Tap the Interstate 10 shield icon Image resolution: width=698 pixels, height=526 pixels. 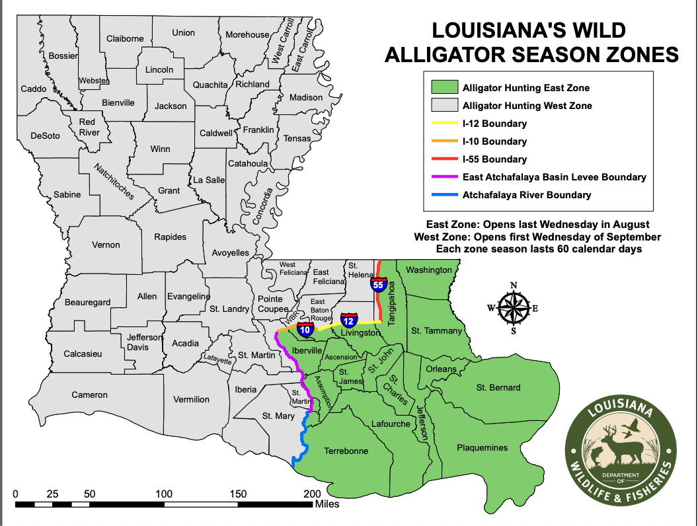coord(305,329)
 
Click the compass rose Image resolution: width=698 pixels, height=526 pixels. coord(513,308)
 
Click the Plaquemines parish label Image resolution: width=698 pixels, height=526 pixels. coord(483,448)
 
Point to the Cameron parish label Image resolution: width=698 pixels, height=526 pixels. coord(89,395)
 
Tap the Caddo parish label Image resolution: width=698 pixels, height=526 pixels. coord(34,89)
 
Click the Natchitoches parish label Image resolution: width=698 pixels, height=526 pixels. coord(112,181)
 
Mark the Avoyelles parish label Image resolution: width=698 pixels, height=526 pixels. coord(230,252)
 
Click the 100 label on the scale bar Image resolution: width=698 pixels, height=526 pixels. coord(164,494)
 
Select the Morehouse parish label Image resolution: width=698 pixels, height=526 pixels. coord(248,34)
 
